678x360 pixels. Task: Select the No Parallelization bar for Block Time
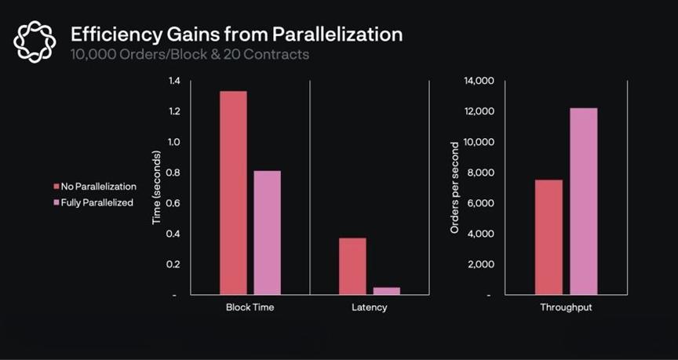(233, 193)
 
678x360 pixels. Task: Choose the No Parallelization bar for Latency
(352, 266)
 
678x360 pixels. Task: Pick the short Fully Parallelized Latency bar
(386, 290)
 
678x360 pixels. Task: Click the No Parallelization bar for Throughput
(549, 237)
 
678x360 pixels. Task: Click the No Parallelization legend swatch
(56, 187)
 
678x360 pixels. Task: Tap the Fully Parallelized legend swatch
(56, 202)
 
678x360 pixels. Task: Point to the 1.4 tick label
(173, 81)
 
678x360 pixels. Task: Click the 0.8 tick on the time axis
(173, 173)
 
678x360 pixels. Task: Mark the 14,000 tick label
(479, 81)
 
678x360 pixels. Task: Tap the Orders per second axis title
(454, 188)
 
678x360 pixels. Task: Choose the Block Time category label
(250, 307)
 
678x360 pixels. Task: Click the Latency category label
(369, 307)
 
